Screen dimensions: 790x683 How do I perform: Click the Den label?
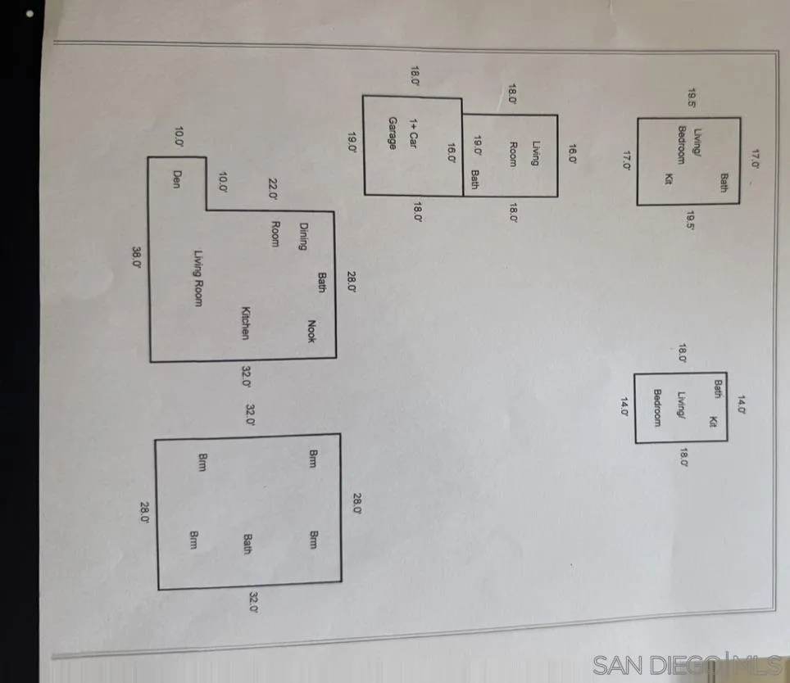pyautogui.click(x=176, y=179)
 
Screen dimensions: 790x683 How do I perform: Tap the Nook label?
pyautogui.click(x=311, y=332)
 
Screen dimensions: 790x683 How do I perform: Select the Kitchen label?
pyautogui.click(x=245, y=323)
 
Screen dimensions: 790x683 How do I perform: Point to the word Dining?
pyautogui.click(x=303, y=237)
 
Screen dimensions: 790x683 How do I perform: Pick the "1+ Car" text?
pyautogui.click(x=414, y=133)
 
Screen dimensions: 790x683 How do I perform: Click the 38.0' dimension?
pyautogui.click(x=137, y=256)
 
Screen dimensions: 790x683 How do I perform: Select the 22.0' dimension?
pyautogui.click(x=273, y=190)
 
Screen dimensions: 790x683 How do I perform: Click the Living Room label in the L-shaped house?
pyautogui.click(x=198, y=278)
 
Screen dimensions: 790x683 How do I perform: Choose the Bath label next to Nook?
pyautogui.click(x=322, y=283)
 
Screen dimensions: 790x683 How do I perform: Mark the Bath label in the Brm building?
pyautogui.click(x=247, y=544)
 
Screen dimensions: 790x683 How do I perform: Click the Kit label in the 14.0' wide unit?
pyautogui.click(x=713, y=422)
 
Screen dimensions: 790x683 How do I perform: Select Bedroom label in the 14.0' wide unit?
pyautogui.click(x=657, y=408)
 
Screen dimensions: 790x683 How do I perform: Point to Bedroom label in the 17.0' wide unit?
pyautogui.click(x=681, y=145)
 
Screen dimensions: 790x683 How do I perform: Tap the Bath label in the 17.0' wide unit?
pyautogui.click(x=724, y=183)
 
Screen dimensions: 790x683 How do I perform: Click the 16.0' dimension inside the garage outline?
pyautogui.click(x=452, y=153)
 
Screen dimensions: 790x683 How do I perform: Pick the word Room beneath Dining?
pyautogui.click(x=275, y=234)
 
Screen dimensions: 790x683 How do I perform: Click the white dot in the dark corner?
pyautogui.click(x=30, y=14)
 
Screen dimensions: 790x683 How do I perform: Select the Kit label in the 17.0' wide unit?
pyautogui.click(x=669, y=179)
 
